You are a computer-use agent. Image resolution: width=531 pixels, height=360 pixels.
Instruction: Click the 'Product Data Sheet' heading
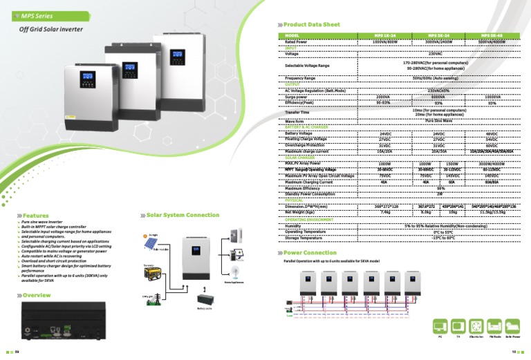(312, 24)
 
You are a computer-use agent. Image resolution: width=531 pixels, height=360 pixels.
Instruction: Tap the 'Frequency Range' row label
(300, 78)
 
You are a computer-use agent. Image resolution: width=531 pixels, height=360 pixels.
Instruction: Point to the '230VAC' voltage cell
(435, 53)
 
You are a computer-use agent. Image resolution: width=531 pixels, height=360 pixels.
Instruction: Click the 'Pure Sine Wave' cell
(435, 120)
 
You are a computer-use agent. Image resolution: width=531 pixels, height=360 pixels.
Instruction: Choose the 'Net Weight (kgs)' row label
(303, 211)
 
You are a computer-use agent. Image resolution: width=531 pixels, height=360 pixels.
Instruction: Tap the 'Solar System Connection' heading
(183, 216)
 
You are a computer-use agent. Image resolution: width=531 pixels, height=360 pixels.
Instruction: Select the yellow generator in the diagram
(152, 273)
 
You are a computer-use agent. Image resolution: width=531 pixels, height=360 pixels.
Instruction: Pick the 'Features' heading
(35, 216)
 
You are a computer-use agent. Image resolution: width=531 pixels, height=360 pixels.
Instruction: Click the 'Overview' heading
(36, 295)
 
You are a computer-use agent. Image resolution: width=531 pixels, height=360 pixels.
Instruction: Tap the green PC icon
(440, 325)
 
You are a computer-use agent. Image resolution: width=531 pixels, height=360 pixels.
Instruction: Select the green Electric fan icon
(476, 325)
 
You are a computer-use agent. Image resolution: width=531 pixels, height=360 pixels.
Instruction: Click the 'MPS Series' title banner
(35, 15)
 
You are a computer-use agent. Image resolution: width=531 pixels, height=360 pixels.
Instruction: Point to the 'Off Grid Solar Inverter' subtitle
(52, 30)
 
